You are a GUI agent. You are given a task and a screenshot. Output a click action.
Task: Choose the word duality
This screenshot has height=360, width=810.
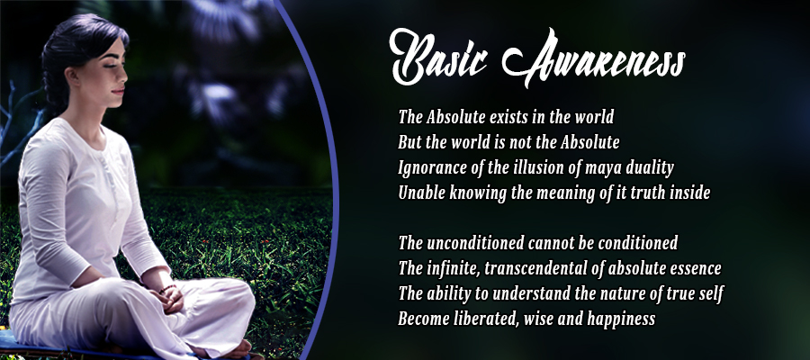(648, 168)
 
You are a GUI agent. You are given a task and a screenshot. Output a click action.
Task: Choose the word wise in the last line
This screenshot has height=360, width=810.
(537, 319)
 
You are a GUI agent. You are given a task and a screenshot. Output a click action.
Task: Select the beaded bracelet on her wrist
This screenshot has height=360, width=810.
(166, 289)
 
